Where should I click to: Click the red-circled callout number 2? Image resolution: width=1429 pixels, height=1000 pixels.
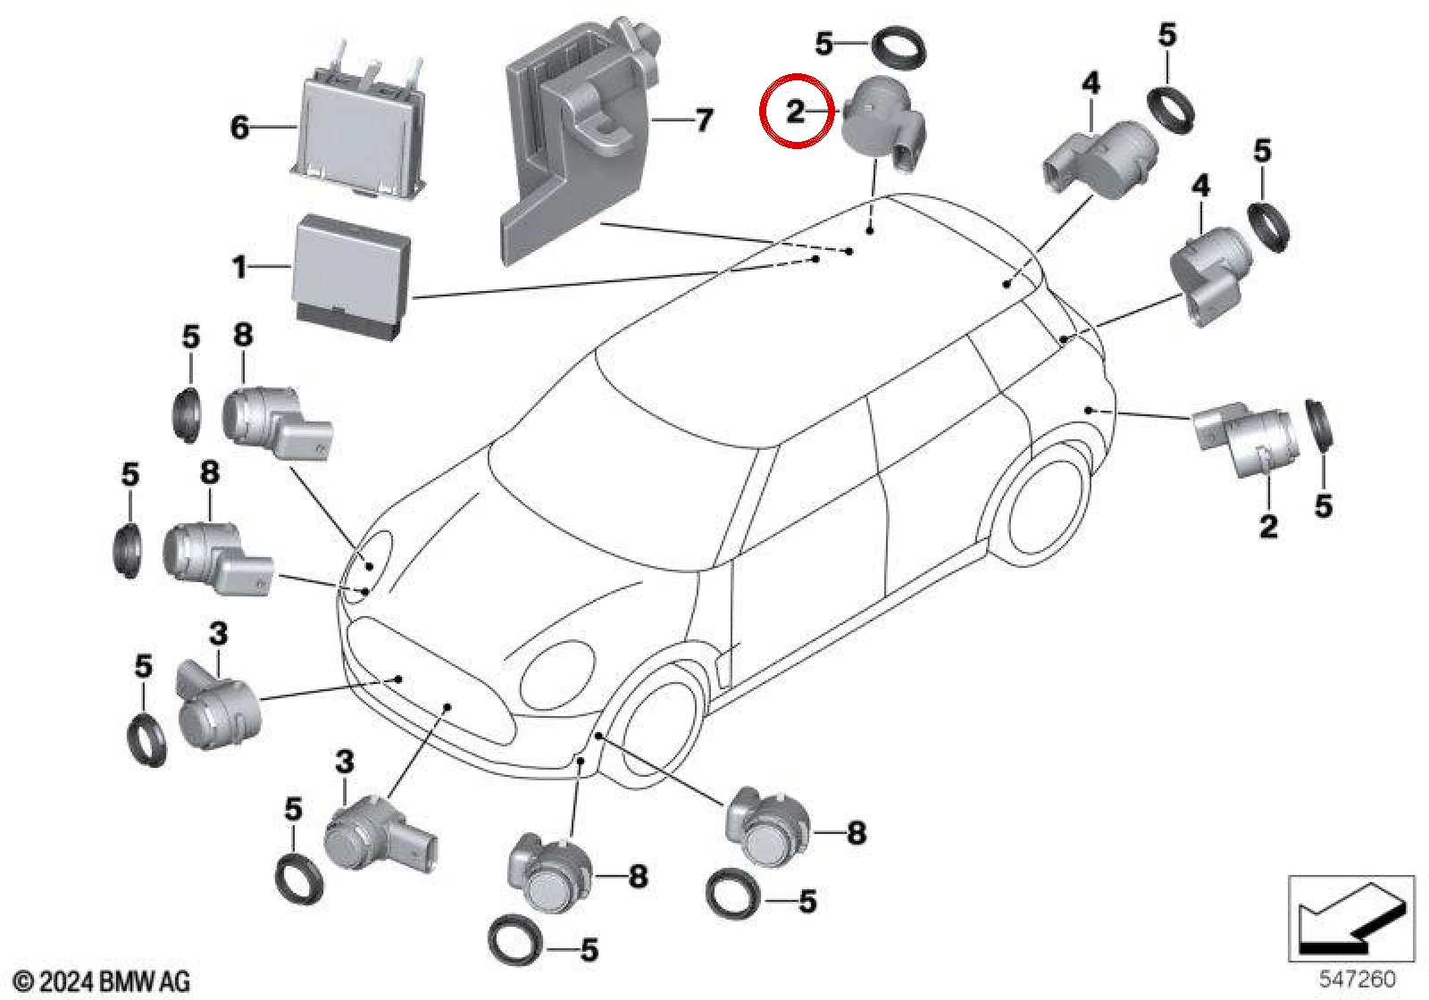(x=795, y=112)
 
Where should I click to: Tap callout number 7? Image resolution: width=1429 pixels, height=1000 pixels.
(x=703, y=120)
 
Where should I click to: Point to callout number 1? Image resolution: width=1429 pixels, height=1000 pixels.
(x=239, y=267)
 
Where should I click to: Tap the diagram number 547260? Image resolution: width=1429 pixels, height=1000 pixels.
(x=1357, y=978)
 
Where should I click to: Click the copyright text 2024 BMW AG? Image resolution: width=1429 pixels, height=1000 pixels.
(x=102, y=981)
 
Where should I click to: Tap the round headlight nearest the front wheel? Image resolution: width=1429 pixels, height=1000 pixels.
(x=557, y=677)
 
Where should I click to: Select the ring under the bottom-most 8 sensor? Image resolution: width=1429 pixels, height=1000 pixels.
(x=515, y=940)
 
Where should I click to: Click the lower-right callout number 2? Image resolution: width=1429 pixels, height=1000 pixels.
(x=1268, y=526)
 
